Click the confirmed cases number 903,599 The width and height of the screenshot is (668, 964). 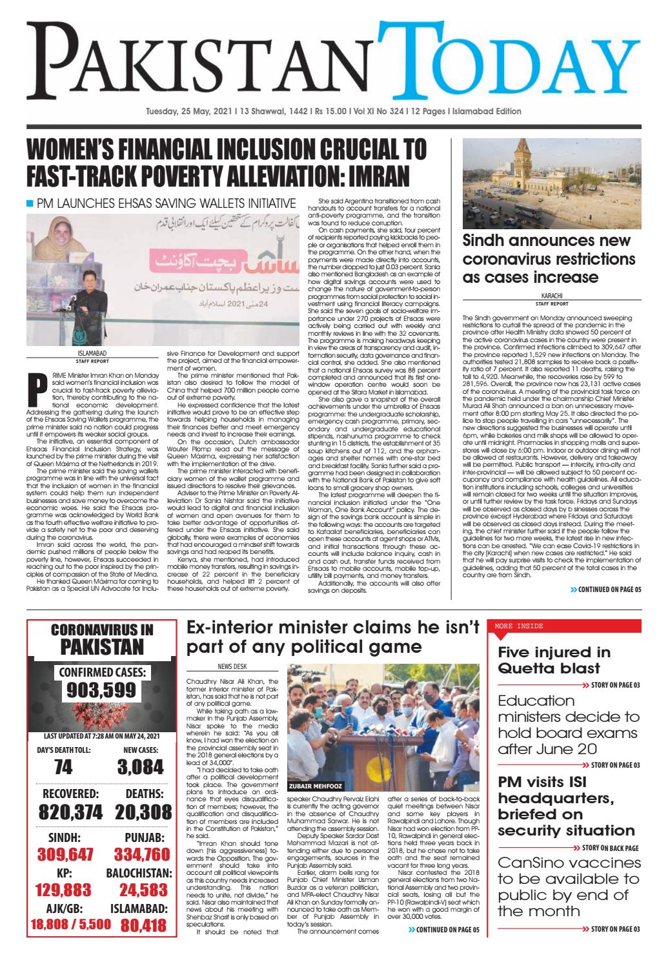101,690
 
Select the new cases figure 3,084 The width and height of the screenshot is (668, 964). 141,766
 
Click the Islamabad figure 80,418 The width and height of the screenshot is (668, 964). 144,925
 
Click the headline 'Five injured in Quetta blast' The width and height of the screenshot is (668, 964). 553,660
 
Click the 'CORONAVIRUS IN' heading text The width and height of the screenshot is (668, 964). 101,629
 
